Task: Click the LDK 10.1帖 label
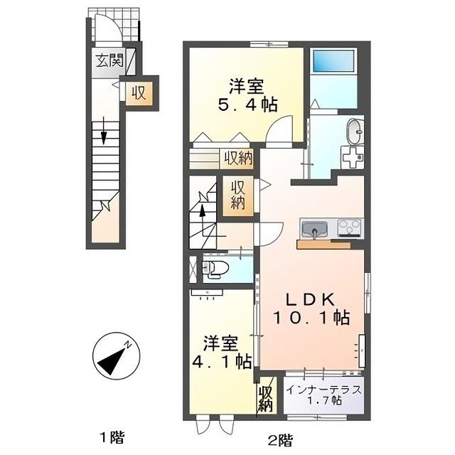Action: tap(310, 304)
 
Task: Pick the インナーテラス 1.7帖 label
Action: tap(324, 395)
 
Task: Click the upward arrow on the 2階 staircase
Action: tap(202, 213)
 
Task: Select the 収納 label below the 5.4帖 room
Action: tap(237, 158)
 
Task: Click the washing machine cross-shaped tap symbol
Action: tap(351, 157)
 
